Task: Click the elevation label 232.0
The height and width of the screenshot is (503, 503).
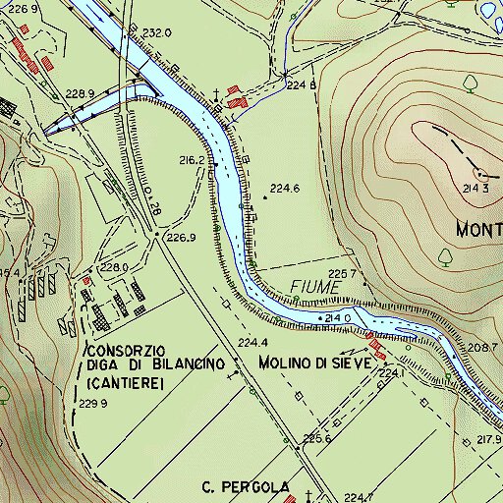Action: pyautogui.click(x=157, y=32)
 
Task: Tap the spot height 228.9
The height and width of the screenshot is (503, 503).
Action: pyautogui.click(x=78, y=94)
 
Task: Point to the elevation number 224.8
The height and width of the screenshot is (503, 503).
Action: pyautogui.click(x=301, y=85)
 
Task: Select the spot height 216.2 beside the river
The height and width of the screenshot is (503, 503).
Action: pyautogui.click(x=192, y=159)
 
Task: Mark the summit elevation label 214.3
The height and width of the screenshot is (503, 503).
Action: pyautogui.click(x=476, y=188)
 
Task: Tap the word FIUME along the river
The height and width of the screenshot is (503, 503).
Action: pyautogui.click(x=315, y=287)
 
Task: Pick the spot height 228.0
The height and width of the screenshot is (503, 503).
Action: pyautogui.click(x=114, y=267)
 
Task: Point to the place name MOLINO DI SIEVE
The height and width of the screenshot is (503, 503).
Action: pyautogui.click(x=315, y=363)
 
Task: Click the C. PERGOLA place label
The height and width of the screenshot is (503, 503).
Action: pyautogui.click(x=246, y=487)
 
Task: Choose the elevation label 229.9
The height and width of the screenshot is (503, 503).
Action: pyautogui.click(x=92, y=404)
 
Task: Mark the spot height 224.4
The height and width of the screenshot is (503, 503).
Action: pyautogui.click(x=252, y=342)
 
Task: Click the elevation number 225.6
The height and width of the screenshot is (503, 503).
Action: pyautogui.click(x=316, y=438)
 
